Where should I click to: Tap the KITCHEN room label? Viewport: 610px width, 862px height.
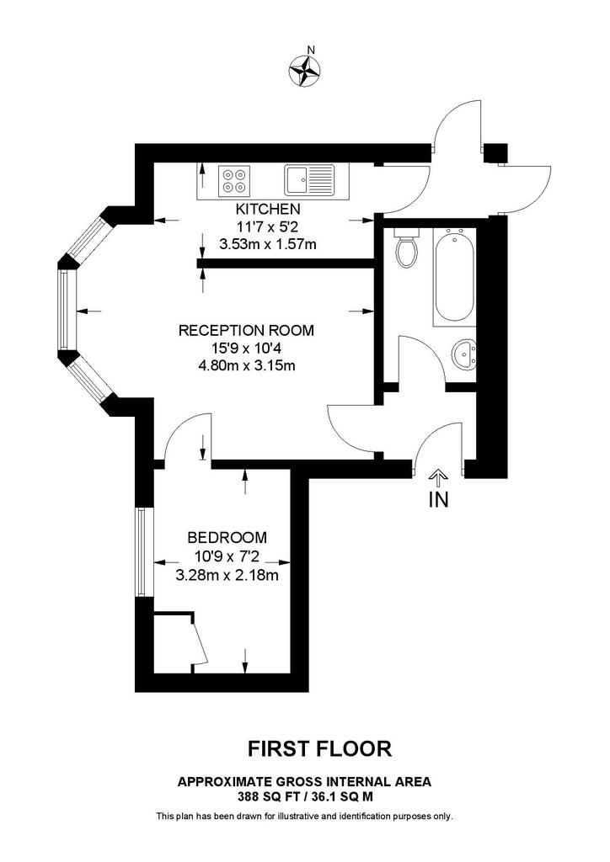(268, 210)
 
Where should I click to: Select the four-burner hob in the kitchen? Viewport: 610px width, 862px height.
(234, 181)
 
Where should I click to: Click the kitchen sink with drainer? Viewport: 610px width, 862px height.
(309, 180)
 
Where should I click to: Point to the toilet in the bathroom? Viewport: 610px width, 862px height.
(407, 247)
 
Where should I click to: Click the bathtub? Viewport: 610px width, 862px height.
(454, 276)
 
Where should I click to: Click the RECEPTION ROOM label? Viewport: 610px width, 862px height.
(246, 330)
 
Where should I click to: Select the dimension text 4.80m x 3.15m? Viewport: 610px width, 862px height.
(247, 365)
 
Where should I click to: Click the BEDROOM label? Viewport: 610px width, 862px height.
(227, 537)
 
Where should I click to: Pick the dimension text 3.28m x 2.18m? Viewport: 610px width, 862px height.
(227, 576)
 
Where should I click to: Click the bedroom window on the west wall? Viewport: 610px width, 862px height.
(142, 552)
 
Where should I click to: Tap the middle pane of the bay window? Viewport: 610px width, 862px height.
(65, 310)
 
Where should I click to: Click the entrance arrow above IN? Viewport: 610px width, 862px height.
(438, 478)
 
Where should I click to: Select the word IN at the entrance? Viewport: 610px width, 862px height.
(438, 500)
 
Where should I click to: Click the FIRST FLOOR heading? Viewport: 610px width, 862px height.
(319, 748)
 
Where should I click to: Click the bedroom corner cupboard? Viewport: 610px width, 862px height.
(174, 641)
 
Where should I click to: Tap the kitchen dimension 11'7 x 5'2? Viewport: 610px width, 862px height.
(267, 226)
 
